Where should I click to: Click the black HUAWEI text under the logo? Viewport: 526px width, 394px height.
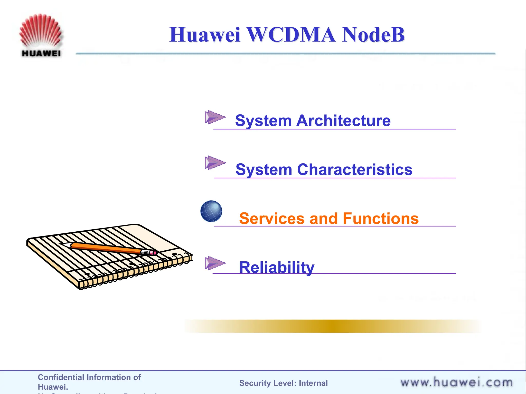coord(41,53)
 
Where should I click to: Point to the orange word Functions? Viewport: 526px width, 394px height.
coord(381,219)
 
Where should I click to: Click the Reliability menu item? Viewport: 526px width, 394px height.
coord(277,268)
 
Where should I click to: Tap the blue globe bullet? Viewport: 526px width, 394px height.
coord(211,211)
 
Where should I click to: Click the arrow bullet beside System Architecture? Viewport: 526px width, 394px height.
coord(215,117)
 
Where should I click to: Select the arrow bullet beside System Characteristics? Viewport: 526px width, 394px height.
coord(215,163)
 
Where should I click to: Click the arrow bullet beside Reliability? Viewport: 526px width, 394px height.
coord(215,263)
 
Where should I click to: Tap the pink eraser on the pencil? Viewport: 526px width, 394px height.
coord(154,253)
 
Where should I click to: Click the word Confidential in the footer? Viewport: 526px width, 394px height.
coord(59,377)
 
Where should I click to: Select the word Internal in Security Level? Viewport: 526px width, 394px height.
coord(313,383)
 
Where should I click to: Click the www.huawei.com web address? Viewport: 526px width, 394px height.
coord(456,382)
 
